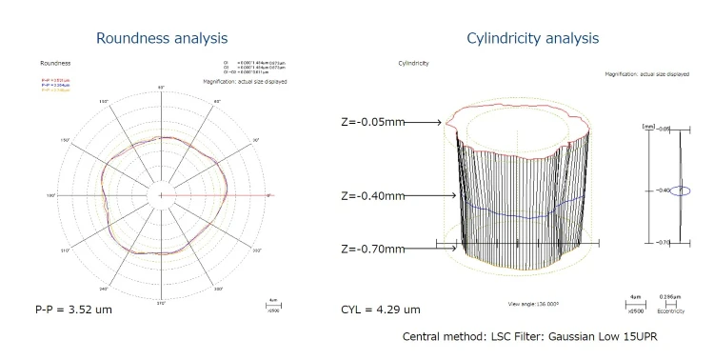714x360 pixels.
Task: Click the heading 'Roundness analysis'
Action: click(x=162, y=39)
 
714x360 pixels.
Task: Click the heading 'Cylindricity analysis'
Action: click(x=532, y=39)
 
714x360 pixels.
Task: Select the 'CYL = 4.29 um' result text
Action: click(x=380, y=310)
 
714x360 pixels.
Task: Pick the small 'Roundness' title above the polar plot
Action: click(x=55, y=64)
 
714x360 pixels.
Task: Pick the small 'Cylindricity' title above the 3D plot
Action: click(x=412, y=64)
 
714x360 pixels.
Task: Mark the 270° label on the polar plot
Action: click(x=161, y=304)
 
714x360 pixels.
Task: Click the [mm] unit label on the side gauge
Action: click(x=649, y=125)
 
